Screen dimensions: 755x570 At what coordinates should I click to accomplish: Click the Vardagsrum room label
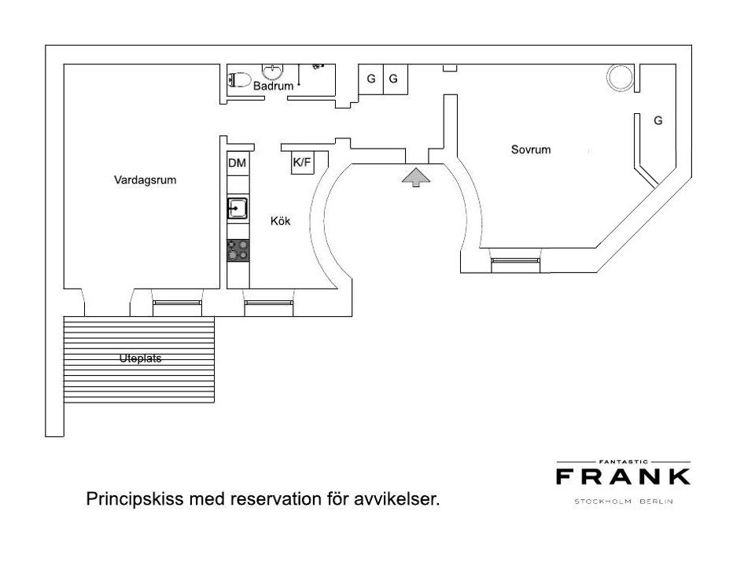pos(145,180)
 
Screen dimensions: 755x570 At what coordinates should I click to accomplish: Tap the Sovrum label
pos(531,149)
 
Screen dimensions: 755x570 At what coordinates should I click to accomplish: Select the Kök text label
pos(280,221)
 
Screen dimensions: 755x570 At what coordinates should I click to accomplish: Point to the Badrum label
pos(273,86)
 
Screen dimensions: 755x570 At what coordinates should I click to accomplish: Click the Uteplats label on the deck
pos(140,359)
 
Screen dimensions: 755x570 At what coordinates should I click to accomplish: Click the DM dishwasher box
pos(237,164)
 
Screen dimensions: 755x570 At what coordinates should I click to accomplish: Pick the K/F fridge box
pos(302,163)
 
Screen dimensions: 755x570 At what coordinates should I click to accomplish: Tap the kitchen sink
pos(238,208)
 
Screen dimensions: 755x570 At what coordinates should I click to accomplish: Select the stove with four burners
pos(238,250)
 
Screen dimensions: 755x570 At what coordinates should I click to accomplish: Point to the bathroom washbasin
pos(273,72)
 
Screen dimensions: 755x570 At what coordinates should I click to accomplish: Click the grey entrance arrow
pos(416,177)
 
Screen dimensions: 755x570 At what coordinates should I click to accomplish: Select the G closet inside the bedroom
pos(657,120)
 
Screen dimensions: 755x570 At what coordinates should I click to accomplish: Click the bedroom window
pos(515,261)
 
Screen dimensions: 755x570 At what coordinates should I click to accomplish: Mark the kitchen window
pos(269,303)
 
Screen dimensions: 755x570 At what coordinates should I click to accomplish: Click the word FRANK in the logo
pos(623,477)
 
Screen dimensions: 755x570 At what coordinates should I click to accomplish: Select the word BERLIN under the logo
pos(656,502)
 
